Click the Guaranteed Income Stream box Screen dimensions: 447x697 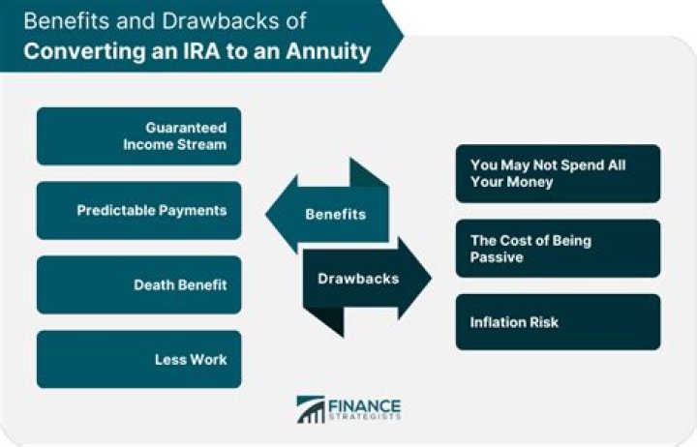click(138, 135)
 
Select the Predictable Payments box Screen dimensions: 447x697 click(138, 210)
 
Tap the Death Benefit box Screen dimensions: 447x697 click(138, 284)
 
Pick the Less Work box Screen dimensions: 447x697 click(138, 359)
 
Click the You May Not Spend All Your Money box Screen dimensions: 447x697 click(558, 173)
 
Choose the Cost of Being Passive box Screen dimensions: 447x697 click(558, 248)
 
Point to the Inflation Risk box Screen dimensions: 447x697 click(558, 322)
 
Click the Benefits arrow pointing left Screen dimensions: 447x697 click(329, 214)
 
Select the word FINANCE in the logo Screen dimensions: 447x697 click(366, 403)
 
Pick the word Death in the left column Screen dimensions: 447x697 click(153, 284)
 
